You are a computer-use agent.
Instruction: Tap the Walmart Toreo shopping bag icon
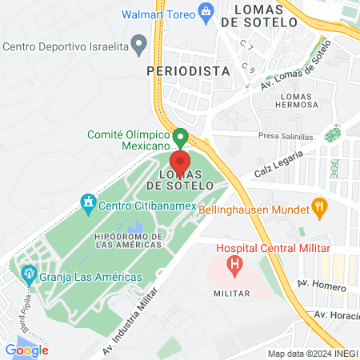click(206, 12)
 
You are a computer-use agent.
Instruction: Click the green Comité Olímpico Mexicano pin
click(180, 138)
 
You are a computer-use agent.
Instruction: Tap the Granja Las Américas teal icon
click(29, 274)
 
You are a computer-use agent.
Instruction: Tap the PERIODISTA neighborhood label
click(189, 70)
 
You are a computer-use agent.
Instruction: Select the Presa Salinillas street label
click(286, 136)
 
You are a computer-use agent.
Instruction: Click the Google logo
click(26, 350)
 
